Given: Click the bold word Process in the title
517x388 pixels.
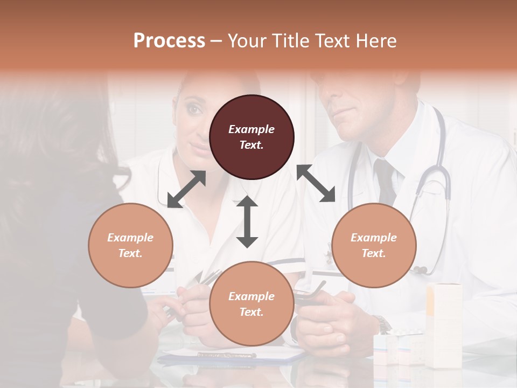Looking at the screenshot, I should coord(169,41).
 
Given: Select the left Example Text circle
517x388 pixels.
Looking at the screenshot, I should coord(130,245).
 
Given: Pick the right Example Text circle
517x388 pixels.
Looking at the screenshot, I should coord(374,245).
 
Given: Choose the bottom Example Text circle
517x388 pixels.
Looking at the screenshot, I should coord(251,304).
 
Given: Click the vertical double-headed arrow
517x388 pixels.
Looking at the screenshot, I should coord(247,221).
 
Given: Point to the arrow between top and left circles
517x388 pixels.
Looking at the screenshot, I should coord(186,189).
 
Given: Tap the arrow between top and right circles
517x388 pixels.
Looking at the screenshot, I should coord(316,183).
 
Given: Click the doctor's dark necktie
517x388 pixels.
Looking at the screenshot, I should coord(386,181).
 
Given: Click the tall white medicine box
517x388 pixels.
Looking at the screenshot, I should coord(444,323).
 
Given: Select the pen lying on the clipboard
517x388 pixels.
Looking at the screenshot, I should coord(226,355).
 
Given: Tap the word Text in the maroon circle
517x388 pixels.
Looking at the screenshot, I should coord(251,145).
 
